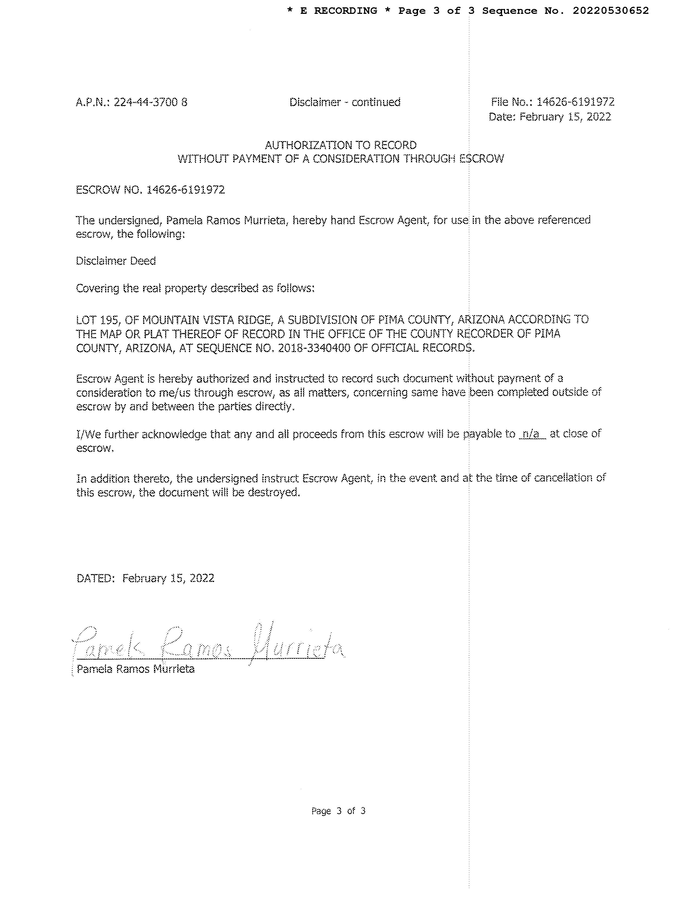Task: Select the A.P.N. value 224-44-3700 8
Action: point(150,102)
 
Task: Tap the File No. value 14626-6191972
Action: point(575,102)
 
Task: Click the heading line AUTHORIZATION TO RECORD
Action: point(340,145)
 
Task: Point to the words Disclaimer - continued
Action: point(345,102)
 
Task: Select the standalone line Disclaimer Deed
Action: point(116,261)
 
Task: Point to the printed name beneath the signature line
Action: point(135,669)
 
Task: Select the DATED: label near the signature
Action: point(95,578)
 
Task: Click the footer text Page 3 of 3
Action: point(338,811)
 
